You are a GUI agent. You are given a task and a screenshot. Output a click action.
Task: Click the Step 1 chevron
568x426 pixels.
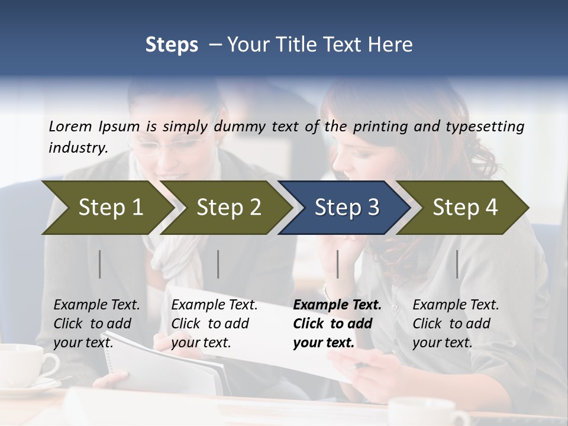click(106, 208)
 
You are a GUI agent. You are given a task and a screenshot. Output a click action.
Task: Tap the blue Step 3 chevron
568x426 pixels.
click(346, 208)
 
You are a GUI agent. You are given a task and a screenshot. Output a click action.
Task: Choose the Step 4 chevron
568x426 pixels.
click(464, 208)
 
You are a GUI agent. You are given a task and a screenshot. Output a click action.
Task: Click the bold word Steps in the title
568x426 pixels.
click(172, 44)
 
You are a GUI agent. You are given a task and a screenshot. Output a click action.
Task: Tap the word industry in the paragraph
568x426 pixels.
click(78, 147)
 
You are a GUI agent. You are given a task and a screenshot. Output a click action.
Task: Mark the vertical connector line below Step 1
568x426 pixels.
click(100, 264)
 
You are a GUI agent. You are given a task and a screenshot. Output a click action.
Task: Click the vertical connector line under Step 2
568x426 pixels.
click(218, 264)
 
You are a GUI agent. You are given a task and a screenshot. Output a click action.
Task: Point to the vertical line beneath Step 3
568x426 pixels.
click(338, 264)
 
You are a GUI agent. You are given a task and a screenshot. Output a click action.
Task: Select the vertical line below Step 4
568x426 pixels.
click(457, 264)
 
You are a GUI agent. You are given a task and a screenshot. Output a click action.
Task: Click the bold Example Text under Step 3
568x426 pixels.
click(337, 305)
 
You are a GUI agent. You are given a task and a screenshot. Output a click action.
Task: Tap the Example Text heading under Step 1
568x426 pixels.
click(96, 305)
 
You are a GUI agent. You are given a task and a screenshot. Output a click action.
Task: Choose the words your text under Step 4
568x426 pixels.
click(442, 343)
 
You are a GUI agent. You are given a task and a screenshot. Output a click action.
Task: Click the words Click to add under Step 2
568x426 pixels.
click(210, 324)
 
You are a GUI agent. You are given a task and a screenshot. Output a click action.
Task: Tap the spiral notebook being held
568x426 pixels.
click(166, 361)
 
